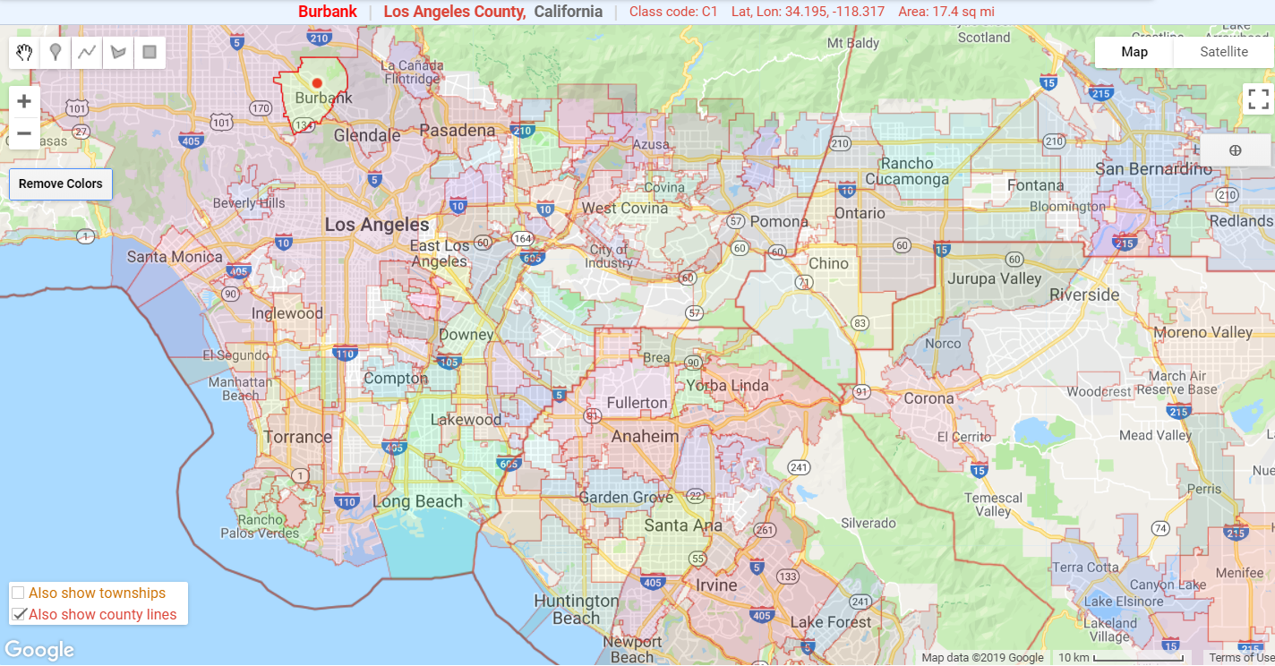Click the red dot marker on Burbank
click(317, 83)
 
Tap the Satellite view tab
click(1223, 52)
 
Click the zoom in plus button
click(24, 101)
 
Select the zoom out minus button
click(24, 134)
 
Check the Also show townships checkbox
click(18, 593)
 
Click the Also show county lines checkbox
click(18, 614)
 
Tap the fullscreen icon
click(1258, 98)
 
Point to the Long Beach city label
click(417, 501)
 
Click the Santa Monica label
click(175, 257)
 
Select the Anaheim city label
click(645, 436)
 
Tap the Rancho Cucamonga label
click(907, 171)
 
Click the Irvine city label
click(716, 585)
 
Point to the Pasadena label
click(457, 131)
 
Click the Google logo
click(39, 650)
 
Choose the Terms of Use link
click(1241, 658)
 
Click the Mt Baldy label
click(853, 43)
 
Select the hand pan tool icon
click(25, 52)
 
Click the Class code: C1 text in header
click(673, 12)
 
